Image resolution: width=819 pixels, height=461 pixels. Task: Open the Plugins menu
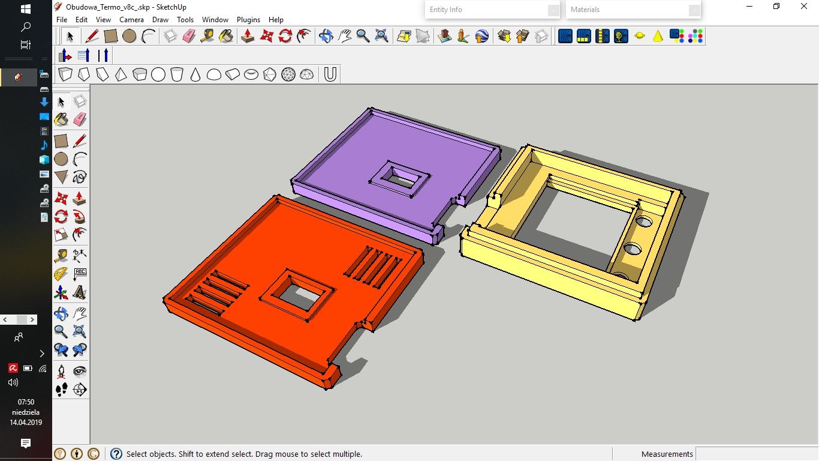coord(248,20)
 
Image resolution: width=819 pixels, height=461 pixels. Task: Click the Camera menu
coord(131,20)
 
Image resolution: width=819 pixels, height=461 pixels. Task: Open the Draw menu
coord(160,20)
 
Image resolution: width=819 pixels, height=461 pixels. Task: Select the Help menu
coord(276,20)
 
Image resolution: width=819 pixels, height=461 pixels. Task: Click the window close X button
coord(803,6)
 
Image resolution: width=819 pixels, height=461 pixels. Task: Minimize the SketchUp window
coord(749,6)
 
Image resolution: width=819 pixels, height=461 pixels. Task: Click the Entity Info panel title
coord(445,10)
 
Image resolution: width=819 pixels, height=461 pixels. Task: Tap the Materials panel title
coord(585,10)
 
